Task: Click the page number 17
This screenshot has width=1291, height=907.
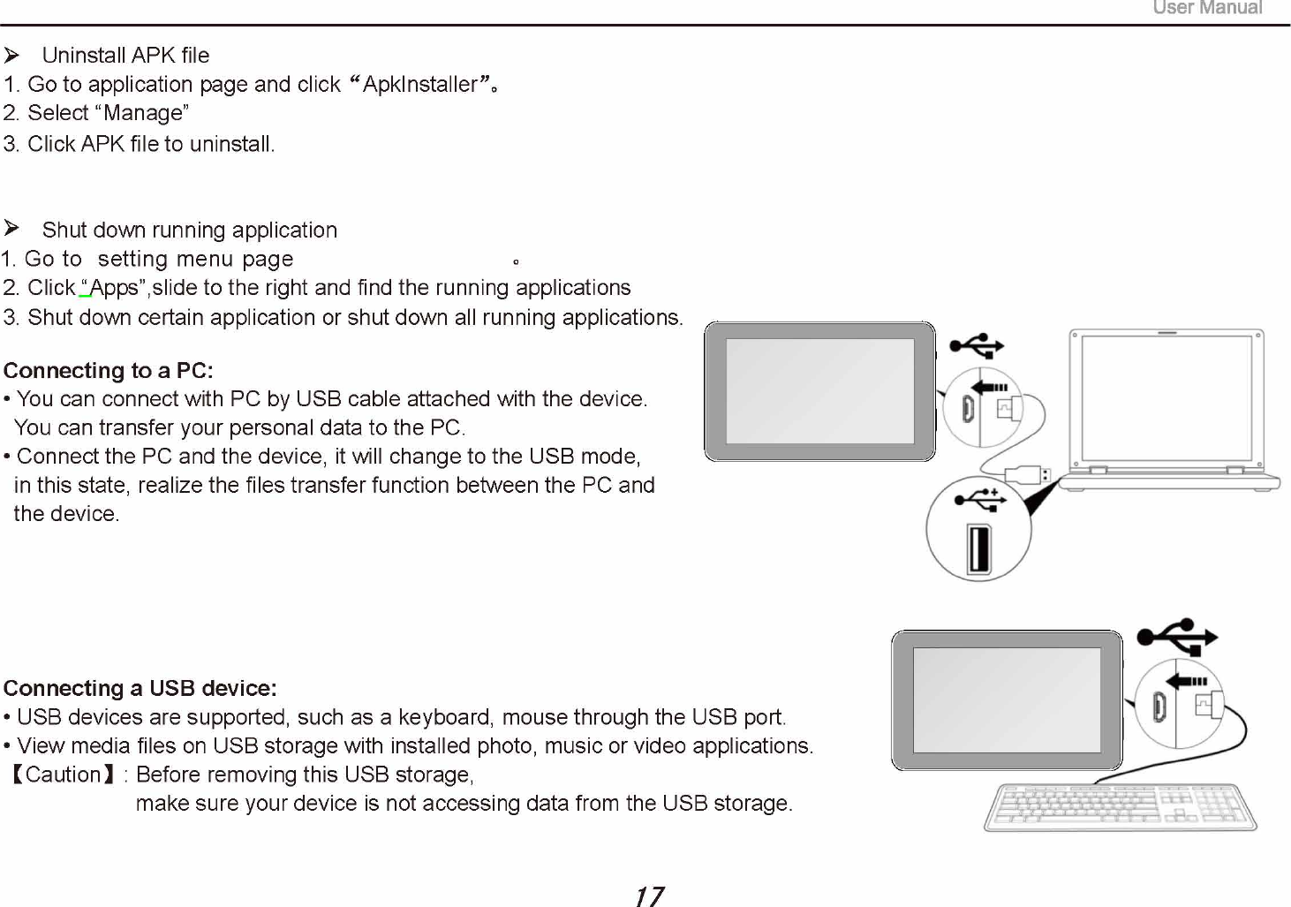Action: pos(649,896)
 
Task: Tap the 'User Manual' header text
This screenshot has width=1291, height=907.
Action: pos(1207,8)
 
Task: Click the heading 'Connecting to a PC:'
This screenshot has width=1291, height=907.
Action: pos(109,370)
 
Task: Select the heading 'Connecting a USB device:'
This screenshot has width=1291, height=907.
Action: pos(140,688)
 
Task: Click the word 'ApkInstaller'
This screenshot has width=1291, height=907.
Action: pos(419,85)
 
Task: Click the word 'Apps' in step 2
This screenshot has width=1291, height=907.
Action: pos(114,288)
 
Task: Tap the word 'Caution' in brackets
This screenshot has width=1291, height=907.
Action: pos(64,775)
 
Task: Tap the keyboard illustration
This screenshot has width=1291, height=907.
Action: pos(1120,807)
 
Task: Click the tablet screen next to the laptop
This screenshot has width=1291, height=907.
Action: pos(819,390)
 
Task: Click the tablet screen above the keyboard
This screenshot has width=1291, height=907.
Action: pos(1006,700)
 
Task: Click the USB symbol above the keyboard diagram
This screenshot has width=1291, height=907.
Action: pos(1178,636)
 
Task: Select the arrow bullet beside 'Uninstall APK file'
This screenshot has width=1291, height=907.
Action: pos(11,56)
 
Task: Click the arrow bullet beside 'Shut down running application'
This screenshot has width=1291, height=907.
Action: pos(11,229)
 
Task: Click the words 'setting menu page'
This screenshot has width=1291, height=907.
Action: pos(195,260)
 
